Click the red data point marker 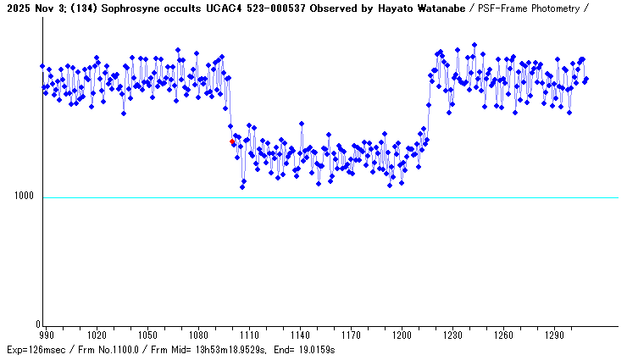[232, 141]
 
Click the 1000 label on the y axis [23, 197]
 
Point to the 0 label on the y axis [36, 324]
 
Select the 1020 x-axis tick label [97, 335]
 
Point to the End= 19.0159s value [306, 350]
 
